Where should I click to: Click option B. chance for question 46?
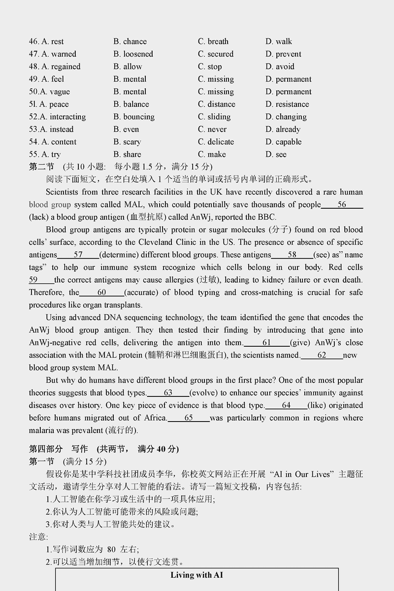(130, 41)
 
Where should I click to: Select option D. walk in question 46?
(279, 41)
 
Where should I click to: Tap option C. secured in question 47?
(216, 54)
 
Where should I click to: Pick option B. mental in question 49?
(130, 79)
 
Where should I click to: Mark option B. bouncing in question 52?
(134, 117)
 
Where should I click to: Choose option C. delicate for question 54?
(216, 142)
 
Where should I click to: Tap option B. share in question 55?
(127, 155)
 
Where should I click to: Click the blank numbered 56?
(342, 205)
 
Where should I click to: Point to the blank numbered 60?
(102, 293)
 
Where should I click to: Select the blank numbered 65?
(189, 418)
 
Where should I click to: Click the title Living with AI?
(197, 575)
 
